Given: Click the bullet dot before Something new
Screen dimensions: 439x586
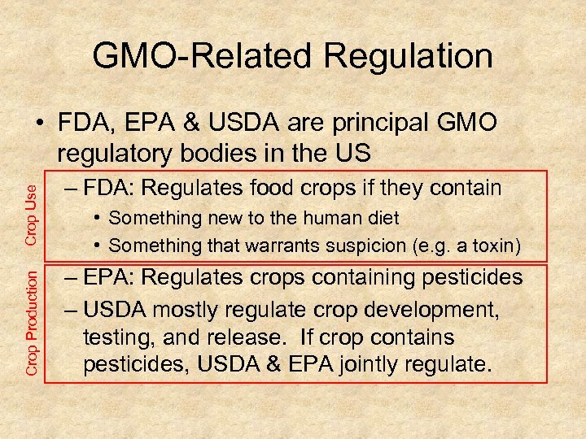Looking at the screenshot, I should (x=98, y=218).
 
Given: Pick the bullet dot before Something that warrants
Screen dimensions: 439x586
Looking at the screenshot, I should (x=98, y=244).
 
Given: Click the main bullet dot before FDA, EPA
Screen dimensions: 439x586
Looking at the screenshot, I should (x=40, y=123).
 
